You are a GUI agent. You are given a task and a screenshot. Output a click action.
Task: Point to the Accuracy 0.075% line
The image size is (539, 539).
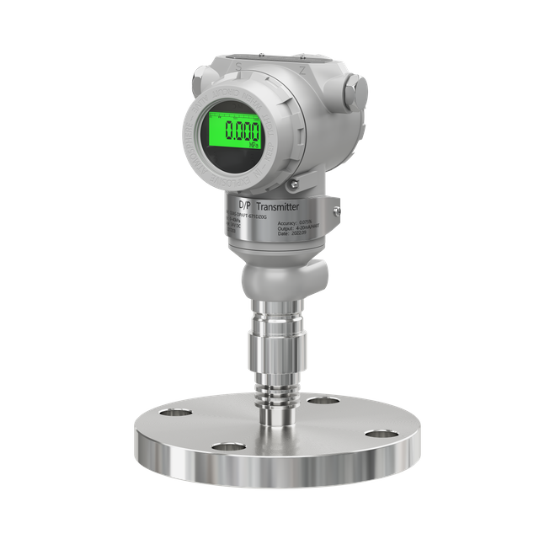pos(294,221)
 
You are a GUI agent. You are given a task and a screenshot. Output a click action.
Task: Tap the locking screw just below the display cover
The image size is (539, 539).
pos(292,184)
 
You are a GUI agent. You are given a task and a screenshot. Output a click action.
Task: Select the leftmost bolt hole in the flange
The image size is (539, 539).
pos(177,414)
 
